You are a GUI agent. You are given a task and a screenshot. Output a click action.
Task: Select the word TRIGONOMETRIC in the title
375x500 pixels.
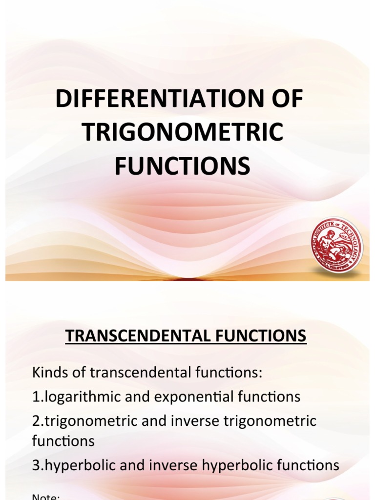[x=182, y=133]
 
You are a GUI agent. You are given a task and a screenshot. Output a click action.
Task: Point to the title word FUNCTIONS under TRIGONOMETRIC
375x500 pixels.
[x=182, y=166]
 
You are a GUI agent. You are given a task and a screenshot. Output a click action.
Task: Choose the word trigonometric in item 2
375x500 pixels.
[x=86, y=421]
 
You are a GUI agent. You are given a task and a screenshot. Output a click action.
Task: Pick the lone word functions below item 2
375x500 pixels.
[x=63, y=441]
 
